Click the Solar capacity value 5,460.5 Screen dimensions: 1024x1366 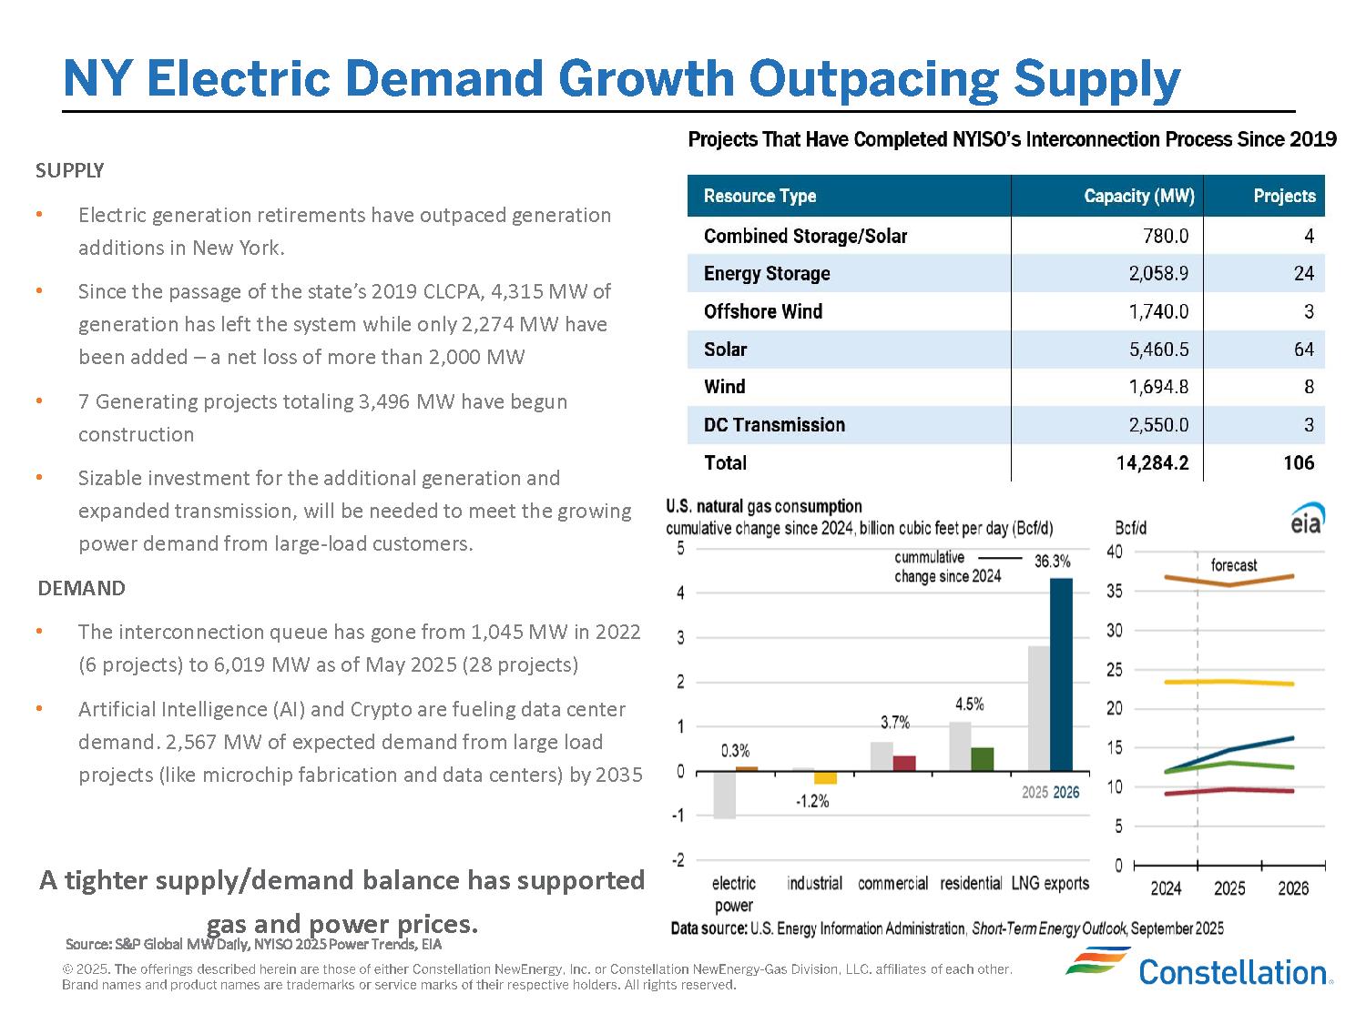tap(1158, 350)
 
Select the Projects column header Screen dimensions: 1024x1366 tap(1284, 196)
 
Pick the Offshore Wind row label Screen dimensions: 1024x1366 tap(763, 311)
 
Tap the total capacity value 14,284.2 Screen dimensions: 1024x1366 tap(1152, 462)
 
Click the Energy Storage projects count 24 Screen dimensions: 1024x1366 tap(1303, 273)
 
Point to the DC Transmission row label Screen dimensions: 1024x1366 tap(774, 425)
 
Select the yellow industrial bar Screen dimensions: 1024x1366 tap(825, 778)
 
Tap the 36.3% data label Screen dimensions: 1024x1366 tap(1052, 562)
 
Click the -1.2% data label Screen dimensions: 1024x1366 tap(812, 802)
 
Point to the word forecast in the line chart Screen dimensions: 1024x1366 tap(1233, 565)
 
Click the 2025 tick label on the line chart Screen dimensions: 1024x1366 tap(1229, 888)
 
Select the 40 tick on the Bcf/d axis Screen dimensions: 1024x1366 tap(1115, 552)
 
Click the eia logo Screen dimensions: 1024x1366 tap(1307, 519)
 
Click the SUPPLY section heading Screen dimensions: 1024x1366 tap(70, 171)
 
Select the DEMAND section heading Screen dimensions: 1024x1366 tap(81, 589)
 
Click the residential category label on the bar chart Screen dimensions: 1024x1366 tap(971, 883)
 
